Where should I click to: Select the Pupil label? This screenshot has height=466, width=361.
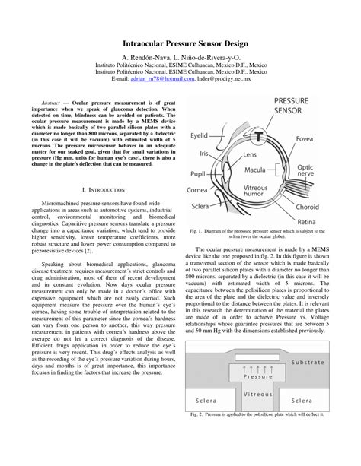(x=200, y=174)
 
